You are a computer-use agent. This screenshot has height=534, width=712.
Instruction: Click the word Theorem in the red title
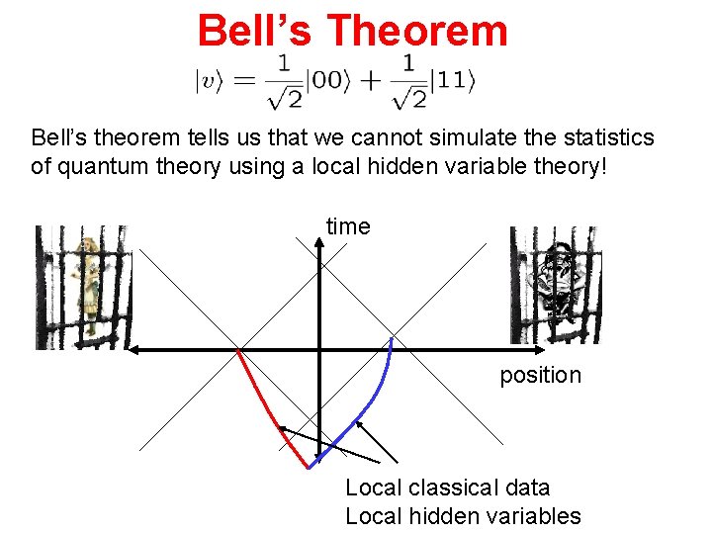tap(416, 30)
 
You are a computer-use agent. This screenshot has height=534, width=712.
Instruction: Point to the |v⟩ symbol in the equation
tap(209, 82)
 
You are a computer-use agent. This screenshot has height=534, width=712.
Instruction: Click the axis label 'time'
tap(348, 226)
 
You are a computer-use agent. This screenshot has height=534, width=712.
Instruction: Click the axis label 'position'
tap(540, 376)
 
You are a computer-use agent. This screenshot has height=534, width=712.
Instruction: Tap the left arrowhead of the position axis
tap(136, 350)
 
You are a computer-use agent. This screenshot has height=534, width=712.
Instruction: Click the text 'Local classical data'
tap(447, 488)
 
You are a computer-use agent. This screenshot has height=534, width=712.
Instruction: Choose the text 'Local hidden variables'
tap(463, 515)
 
